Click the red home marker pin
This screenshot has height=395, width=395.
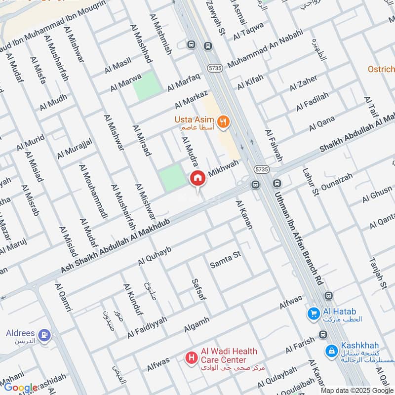(198, 178)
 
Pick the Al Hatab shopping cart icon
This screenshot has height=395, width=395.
(312, 313)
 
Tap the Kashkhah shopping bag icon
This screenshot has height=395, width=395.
(331, 351)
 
